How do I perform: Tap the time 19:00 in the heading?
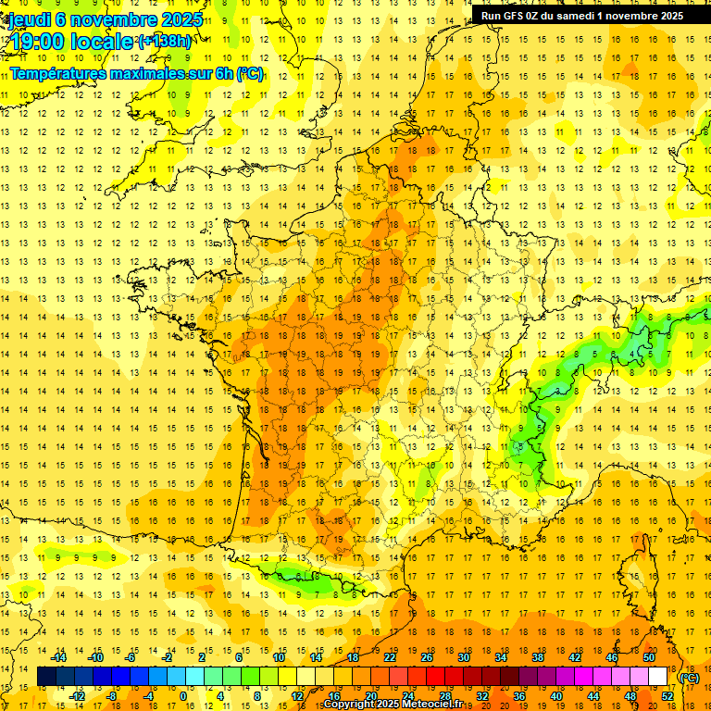39,41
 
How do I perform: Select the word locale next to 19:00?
104,41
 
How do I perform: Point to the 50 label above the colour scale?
648,657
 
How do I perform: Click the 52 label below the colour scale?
667,695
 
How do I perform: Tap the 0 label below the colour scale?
183,695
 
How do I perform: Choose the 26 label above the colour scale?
427,657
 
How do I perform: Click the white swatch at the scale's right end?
657,677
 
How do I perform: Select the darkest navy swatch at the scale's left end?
46,677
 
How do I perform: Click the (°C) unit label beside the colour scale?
689,677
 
